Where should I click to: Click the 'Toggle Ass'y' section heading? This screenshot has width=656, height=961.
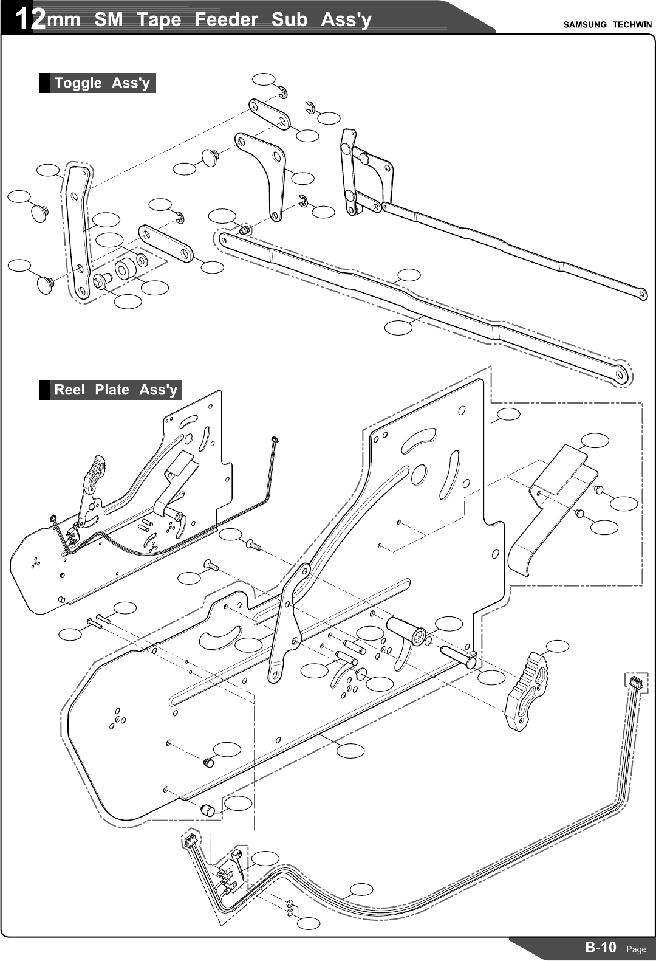[101, 83]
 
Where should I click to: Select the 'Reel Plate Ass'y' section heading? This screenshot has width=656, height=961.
[115, 390]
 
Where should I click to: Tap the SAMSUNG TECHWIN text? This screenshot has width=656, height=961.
[607, 25]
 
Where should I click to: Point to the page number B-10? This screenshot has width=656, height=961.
[601, 947]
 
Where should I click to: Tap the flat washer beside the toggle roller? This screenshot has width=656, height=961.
[142, 260]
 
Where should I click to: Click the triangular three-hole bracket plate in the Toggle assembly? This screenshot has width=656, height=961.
[264, 170]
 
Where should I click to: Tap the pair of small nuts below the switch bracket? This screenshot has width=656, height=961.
[290, 908]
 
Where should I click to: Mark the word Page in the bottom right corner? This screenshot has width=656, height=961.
[636, 949]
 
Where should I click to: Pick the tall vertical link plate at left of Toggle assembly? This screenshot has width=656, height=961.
[78, 231]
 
